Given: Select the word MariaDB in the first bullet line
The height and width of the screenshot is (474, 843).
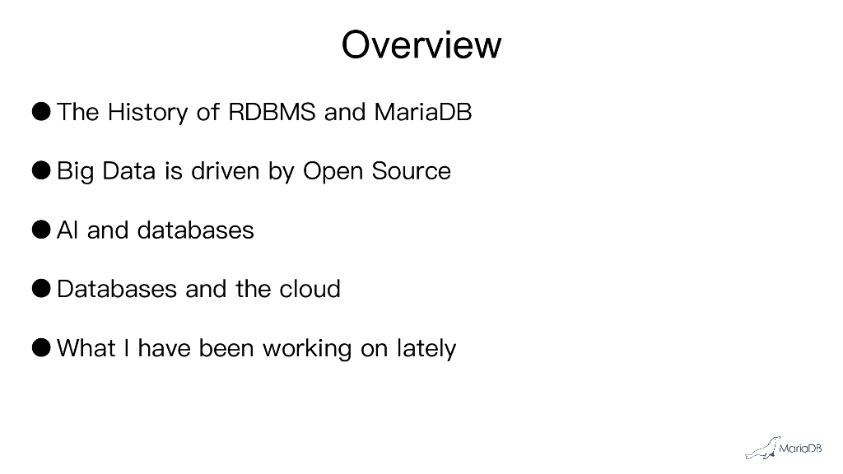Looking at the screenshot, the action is pyautogui.click(x=422, y=112).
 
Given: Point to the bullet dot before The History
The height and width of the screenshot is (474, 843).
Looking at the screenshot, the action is pyautogui.click(x=43, y=111).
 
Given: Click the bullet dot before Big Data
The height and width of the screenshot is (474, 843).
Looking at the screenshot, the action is pyautogui.click(x=43, y=170).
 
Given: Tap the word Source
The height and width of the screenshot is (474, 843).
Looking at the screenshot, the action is pyautogui.click(x=411, y=171).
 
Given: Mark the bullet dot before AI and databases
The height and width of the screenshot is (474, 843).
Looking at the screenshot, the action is pyautogui.click(x=43, y=230).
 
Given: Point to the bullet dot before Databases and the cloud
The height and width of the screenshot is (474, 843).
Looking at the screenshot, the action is pyautogui.click(x=43, y=289).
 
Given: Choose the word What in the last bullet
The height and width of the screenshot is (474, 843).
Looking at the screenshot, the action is pyautogui.click(x=86, y=349).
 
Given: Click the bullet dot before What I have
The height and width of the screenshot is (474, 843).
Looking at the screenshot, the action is pyautogui.click(x=43, y=348).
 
